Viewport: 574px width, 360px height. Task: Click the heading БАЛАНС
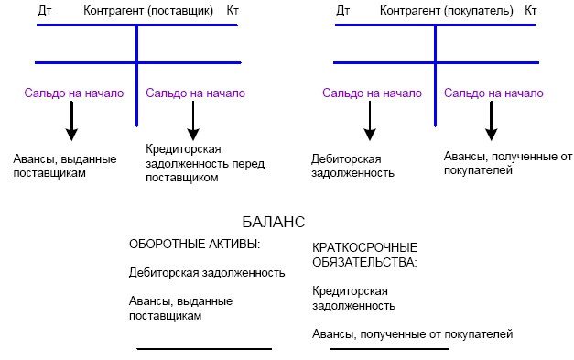tap(274, 223)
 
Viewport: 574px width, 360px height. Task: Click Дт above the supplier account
tap(45, 12)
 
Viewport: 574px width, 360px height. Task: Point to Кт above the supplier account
tap(233, 12)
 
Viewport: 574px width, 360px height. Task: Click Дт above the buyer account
tap(343, 12)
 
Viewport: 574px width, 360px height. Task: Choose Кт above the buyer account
tap(532, 12)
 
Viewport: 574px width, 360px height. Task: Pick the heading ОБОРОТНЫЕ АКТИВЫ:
tap(194, 245)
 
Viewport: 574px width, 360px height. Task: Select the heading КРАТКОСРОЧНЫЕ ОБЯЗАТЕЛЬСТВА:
tap(364, 255)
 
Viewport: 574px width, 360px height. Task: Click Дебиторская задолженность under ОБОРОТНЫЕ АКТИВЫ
tap(207, 273)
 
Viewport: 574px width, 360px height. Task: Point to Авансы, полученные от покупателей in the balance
tap(413, 333)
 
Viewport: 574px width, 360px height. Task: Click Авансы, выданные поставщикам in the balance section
tap(180, 308)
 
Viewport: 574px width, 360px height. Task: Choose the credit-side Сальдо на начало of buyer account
tap(494, 93)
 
